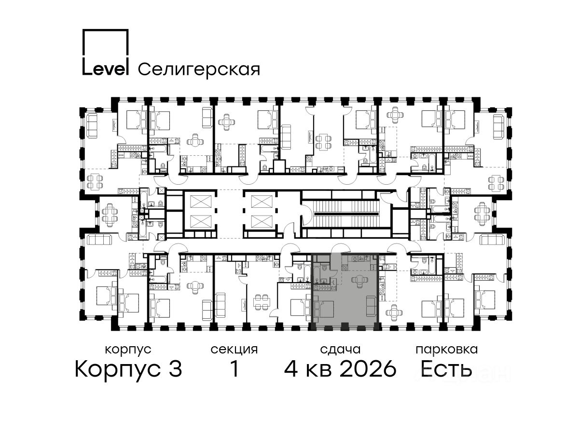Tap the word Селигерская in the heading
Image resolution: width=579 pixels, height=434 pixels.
coord(199,70)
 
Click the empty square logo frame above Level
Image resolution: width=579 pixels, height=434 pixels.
coord(106,43)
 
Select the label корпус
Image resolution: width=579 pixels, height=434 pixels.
coord(128,350)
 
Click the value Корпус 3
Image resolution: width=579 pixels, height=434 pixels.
coord(128,369)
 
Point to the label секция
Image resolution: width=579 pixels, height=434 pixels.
coord(234,350)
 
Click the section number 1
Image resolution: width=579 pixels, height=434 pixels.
coord(234,369)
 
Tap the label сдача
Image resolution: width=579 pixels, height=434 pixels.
coord(340,350)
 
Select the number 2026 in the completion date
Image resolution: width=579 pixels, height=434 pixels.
coord(368,369)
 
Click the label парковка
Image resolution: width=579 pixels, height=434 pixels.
coord(447,350)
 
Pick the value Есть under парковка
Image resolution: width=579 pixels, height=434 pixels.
coord(446,369)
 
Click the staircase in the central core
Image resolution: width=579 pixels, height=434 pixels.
coord(345,214)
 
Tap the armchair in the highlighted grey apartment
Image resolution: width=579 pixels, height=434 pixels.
coord(359,281)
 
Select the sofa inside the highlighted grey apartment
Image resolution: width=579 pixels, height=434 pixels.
coord(372,306)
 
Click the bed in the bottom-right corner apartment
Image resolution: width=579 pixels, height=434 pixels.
coord(484,299)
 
